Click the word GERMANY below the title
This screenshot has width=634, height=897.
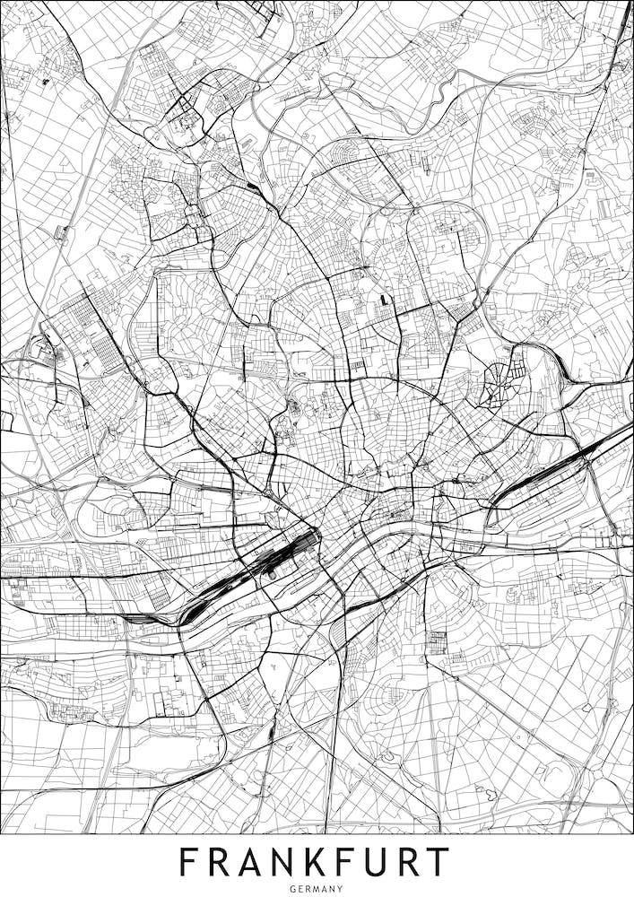coord(317,888)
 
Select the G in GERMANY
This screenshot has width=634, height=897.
coord(293,888)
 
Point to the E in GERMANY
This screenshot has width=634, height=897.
coord(300,888)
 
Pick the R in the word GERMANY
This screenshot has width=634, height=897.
coord(308,888)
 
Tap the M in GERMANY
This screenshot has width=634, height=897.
coord(316,888)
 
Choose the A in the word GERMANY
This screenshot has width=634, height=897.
coord(325,888)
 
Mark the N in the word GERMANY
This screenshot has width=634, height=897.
coord(333,888)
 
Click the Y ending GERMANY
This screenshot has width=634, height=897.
coord(340,888)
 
